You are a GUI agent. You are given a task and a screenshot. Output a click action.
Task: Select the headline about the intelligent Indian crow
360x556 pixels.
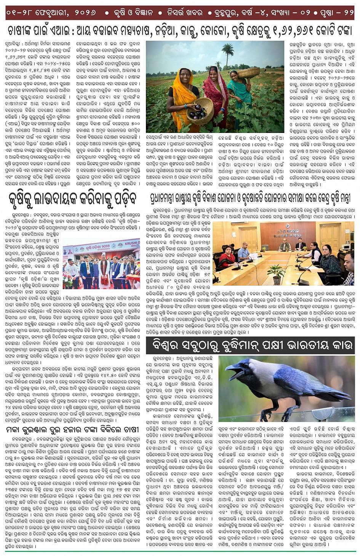point(252,345)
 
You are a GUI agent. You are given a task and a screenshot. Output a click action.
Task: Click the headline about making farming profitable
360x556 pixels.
point(73,198)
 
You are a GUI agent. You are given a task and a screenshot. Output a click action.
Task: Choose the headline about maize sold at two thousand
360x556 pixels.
point(73,429)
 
